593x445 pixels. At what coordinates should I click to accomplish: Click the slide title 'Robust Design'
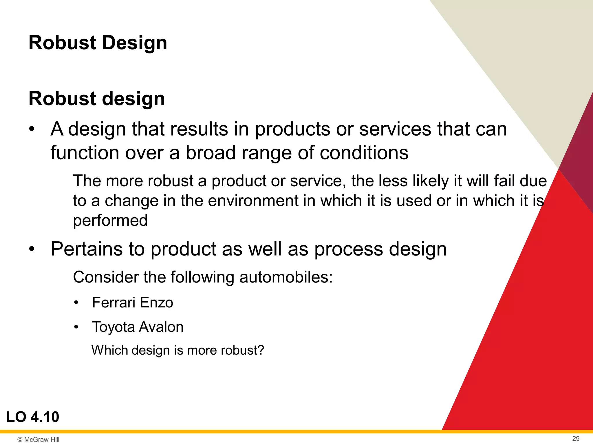coord(98,43)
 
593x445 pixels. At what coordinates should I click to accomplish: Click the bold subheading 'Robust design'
coord(97,99)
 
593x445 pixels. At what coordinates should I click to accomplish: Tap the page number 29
coord(576,438)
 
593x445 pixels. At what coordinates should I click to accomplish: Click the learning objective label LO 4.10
coord(33,417)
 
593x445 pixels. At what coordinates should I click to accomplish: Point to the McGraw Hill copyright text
coord(39,439)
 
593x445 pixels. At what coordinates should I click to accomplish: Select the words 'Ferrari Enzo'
coord(132,302)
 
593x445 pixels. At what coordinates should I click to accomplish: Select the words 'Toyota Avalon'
coord(138,327)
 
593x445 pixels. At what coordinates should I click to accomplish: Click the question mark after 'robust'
coord(261,350)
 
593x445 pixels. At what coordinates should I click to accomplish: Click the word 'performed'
coord(110,220)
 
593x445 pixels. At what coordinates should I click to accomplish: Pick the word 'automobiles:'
coord(286,277)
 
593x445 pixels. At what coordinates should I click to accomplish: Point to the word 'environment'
coord(253,200)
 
